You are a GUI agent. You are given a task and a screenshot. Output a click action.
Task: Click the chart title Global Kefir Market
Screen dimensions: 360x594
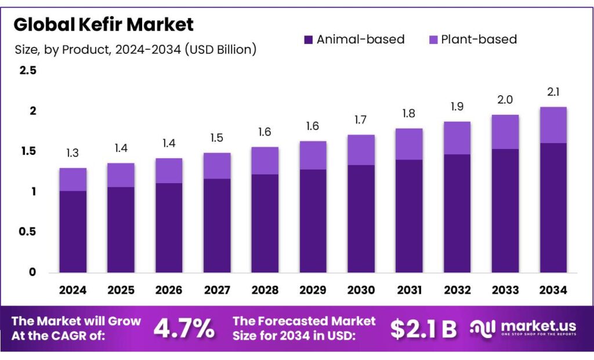pyautogui.click(x=103, y=24)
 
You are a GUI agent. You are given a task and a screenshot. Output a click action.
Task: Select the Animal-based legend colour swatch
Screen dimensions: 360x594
pyautogui.click(x=308, y=40)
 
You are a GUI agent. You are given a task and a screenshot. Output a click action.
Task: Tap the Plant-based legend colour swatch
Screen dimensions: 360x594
pyautogui.click(x=433, y=40)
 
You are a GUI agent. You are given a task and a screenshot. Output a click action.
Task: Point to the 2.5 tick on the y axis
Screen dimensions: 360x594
pyautogui.click(x=28, y=71)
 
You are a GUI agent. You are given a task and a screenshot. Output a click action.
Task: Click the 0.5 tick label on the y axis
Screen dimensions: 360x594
pyautogui.click(x=28, y=232)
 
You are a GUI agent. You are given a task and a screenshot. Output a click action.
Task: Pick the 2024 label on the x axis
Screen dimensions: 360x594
pyautogui.click(x=73, y=289)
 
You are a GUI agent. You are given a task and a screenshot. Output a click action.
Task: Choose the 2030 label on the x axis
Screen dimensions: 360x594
pyautogui.click(x=361, y=289)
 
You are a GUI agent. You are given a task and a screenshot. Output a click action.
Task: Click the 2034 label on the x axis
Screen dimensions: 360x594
pyautogui.click(x=553, y=289)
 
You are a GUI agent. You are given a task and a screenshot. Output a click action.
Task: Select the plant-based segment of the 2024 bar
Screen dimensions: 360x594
pyautogui.click(x=73, y=180)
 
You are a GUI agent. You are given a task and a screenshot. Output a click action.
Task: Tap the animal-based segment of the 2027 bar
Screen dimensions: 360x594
pyautogui.click(x=217, y=226)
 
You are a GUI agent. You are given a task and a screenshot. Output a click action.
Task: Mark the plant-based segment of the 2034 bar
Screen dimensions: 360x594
pyautogui.click(x=553, y=125)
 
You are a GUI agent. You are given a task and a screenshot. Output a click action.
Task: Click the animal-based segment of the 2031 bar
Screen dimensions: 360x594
pyautogui.click(x=409, y=216)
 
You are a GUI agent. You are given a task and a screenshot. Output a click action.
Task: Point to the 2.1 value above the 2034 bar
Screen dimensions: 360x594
pyautogui.click(x=553, y=92)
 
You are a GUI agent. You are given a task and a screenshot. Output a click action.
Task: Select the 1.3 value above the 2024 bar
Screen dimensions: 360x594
pyautogui.click(x=73, y=154)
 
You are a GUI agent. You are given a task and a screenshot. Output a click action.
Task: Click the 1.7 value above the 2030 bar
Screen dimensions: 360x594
pyautogui.click(x=361, y=121)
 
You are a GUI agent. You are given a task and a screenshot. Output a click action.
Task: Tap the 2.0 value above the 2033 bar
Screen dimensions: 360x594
pyautogui.click(x=505, y=100)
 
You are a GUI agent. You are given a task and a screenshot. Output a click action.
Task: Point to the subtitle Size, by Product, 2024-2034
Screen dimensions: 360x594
pyautogui.click(x=135, y=50)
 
